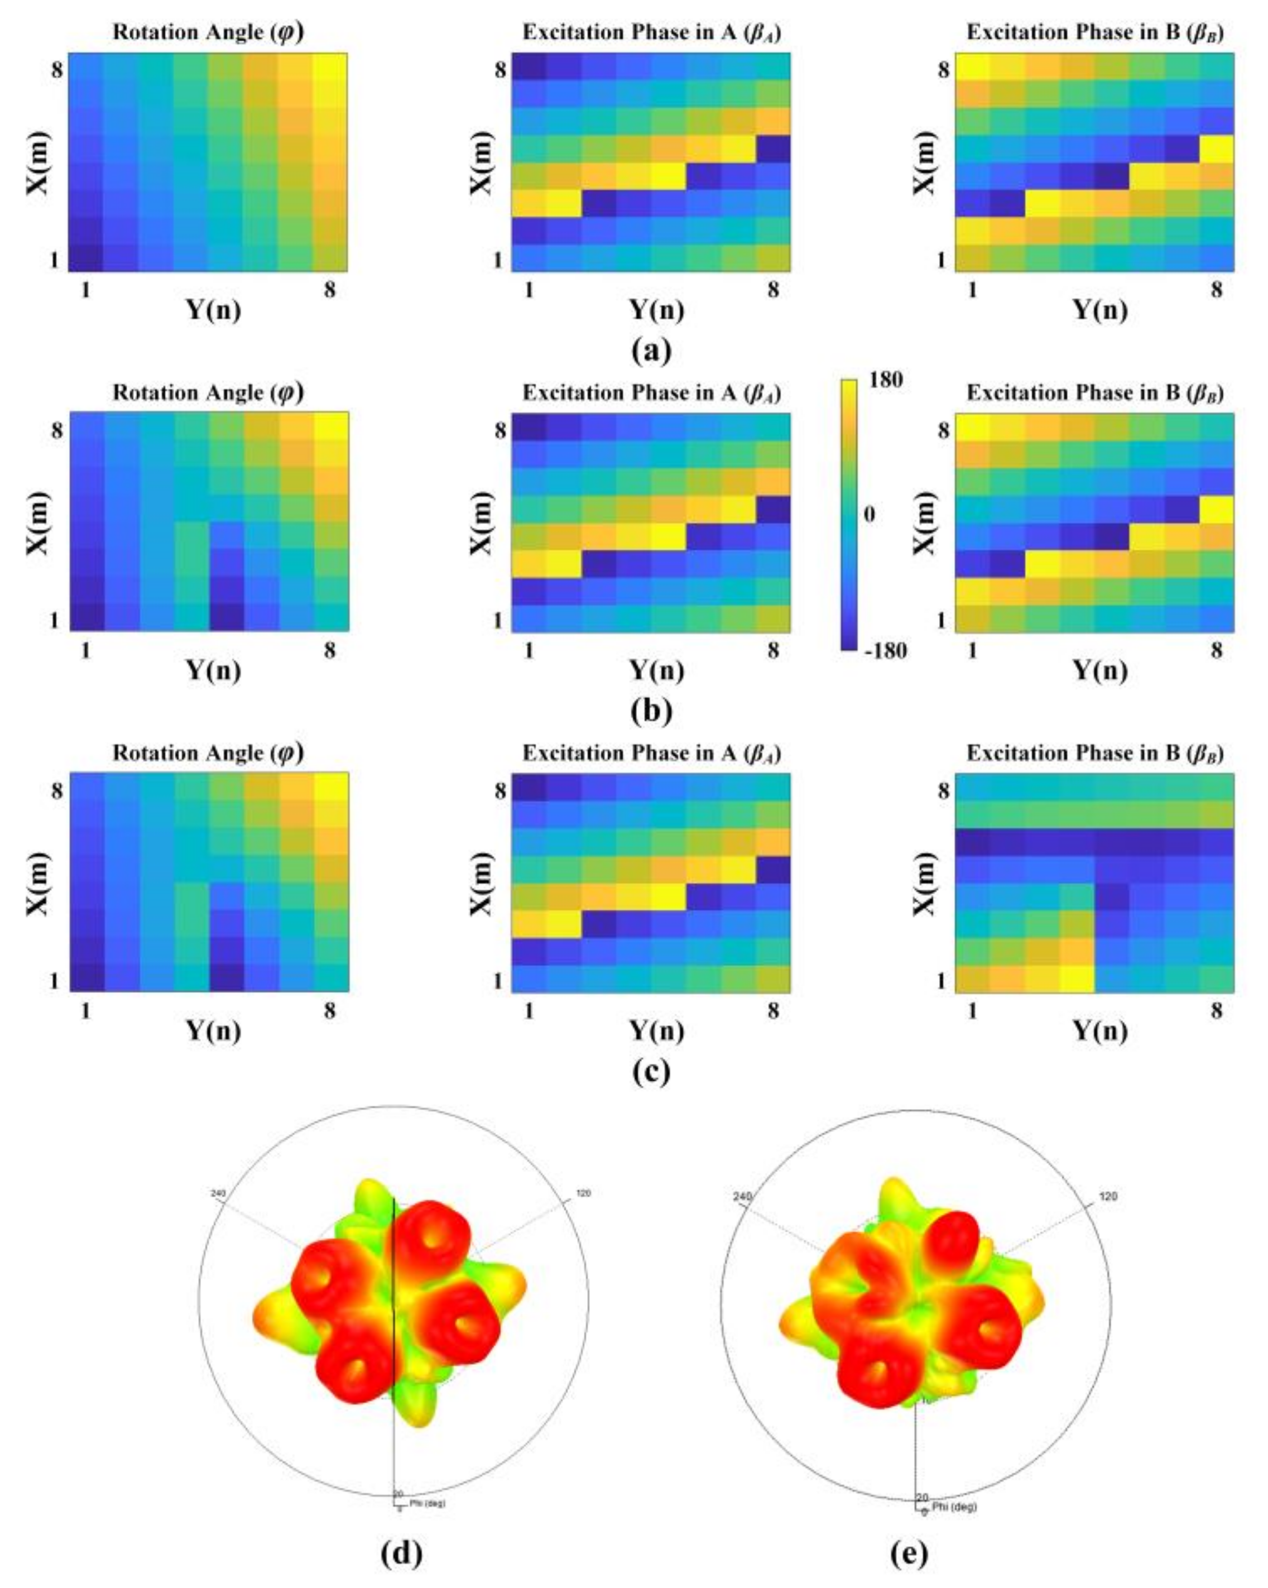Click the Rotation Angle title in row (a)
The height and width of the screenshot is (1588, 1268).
208,32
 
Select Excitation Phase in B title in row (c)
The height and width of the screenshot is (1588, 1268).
1095,753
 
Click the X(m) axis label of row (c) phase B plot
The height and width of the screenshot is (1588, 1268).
925,882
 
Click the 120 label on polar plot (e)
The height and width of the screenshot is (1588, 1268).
1107,1196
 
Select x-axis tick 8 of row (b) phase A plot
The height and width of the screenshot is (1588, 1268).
772,650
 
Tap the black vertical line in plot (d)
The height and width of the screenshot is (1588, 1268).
395,1289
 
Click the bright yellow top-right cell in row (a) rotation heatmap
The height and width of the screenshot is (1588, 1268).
329,68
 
